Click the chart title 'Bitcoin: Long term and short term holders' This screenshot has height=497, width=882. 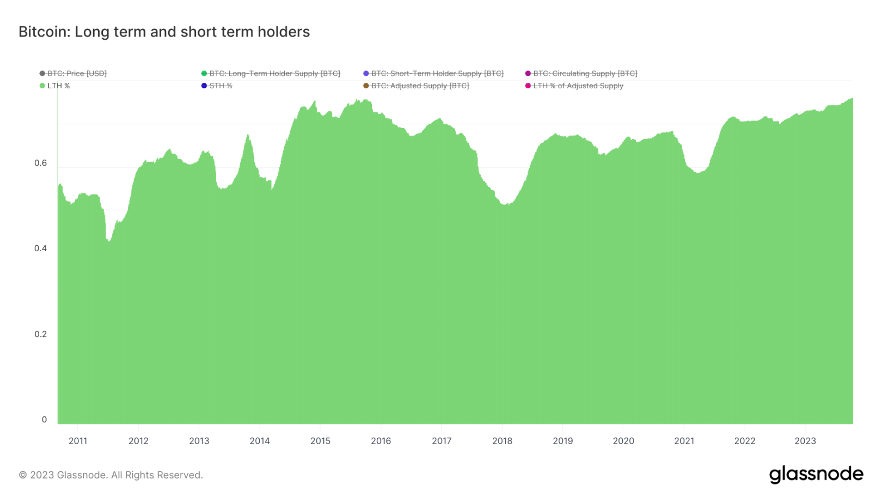point(164,32)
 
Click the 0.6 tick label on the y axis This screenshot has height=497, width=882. point(41,163)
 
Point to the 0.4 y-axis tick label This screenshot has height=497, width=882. point(41,248)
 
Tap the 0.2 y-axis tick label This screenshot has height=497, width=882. point(41,334)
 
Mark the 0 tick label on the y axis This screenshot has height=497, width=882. point(45,420)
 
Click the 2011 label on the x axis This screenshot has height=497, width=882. point(78,441)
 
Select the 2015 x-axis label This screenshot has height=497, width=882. point(320,441)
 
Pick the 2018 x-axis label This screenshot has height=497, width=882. point(502,441)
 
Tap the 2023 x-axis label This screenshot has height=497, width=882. point(805,441)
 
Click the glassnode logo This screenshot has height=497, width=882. point(816,474)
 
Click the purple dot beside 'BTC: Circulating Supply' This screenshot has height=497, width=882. point(528,74)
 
